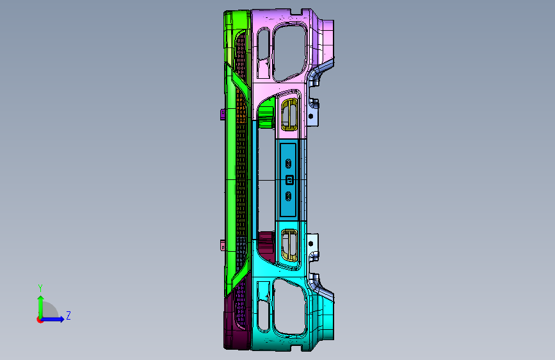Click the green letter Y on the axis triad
point(40,288)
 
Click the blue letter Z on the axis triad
point(68,315)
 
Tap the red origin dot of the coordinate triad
point(40,320)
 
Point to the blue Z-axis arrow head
point(61,319)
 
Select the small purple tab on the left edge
point(223,115)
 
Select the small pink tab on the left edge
point(223,245)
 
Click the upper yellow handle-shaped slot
point(290,115)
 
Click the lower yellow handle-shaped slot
point(290,245)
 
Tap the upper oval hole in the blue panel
point(289,164)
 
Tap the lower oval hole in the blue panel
point(289,196)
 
